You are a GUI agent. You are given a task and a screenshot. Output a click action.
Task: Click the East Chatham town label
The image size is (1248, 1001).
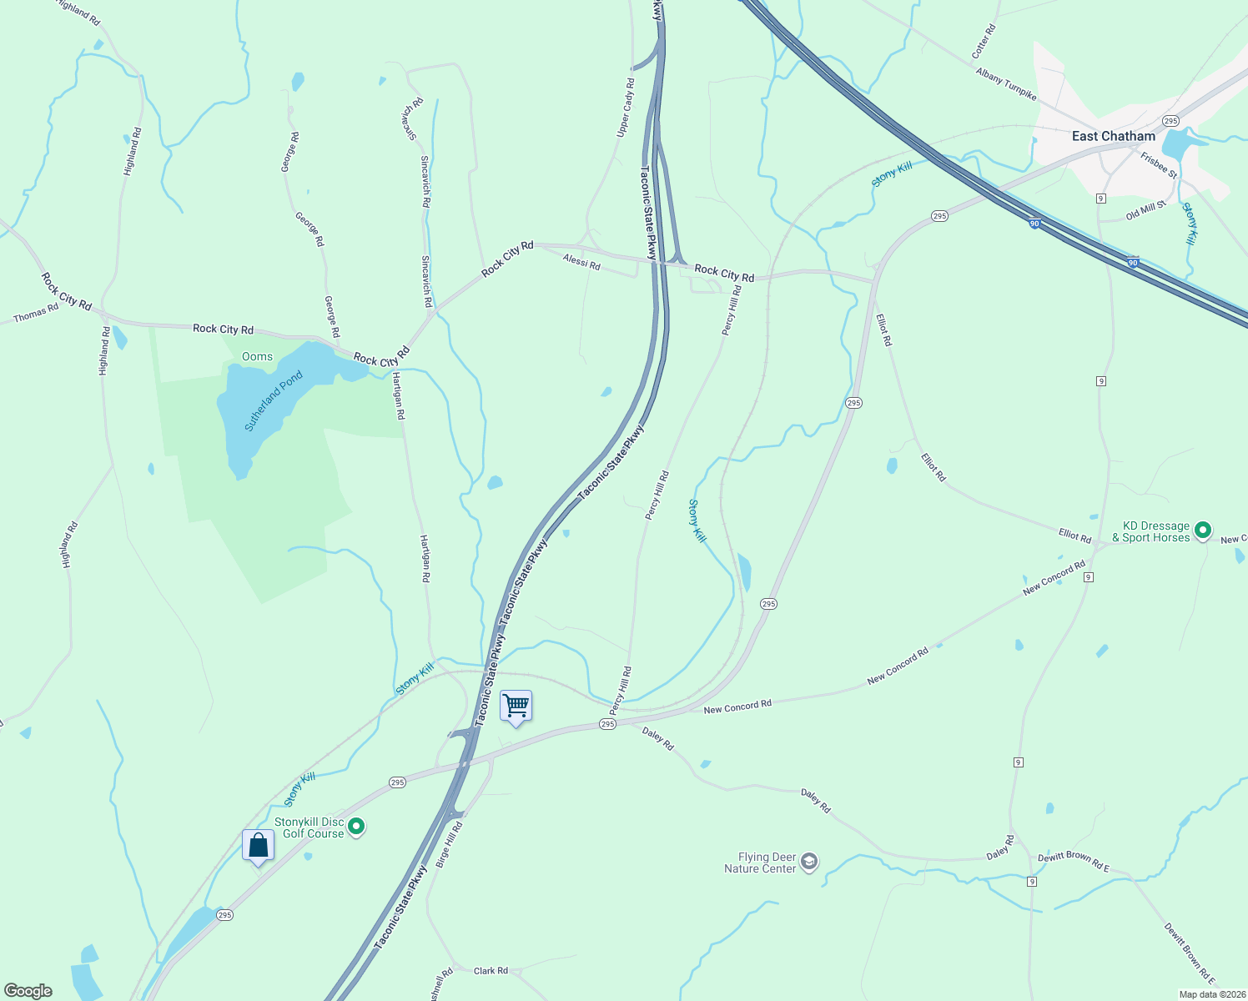point(1114,136)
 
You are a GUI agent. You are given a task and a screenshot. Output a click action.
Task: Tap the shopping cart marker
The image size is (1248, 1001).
point(516,707)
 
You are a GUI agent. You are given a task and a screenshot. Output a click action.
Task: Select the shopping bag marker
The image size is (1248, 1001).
point(258,846)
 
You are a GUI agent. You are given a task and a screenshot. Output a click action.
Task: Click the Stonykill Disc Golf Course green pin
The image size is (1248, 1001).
point(356,827)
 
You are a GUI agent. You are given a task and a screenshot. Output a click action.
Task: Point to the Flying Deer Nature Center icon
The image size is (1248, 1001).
point(808,862)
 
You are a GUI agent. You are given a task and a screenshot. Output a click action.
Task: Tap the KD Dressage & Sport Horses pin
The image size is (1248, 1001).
point(1202,530)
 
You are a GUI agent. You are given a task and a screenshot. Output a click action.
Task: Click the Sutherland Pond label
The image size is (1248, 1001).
point(273,401)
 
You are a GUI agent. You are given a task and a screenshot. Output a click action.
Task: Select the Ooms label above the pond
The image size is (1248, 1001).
point(257,356)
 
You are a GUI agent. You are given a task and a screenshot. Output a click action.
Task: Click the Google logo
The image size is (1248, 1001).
point(28,991)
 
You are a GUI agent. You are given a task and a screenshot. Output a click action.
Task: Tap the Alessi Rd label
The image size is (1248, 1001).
point(581,262)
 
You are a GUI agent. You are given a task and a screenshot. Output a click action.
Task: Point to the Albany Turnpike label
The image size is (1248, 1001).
point(1006,84)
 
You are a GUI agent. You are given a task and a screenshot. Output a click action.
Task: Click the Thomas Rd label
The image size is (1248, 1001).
point(36,314)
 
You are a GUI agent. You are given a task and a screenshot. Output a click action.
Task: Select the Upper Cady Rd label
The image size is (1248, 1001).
point(626,108)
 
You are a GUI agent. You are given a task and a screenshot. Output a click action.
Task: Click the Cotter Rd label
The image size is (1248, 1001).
point(984,42)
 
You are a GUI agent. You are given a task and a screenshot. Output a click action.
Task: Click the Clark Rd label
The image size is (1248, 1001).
point(491,971)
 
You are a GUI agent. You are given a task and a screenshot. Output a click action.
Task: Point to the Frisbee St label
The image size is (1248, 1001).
point(1159,165)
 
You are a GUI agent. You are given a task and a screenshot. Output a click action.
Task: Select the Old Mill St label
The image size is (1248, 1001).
point(1145,210)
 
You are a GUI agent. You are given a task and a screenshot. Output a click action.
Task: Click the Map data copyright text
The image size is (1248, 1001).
point(1211,994)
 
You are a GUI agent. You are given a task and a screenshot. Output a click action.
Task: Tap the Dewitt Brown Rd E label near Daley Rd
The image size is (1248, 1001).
point(1074,863)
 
